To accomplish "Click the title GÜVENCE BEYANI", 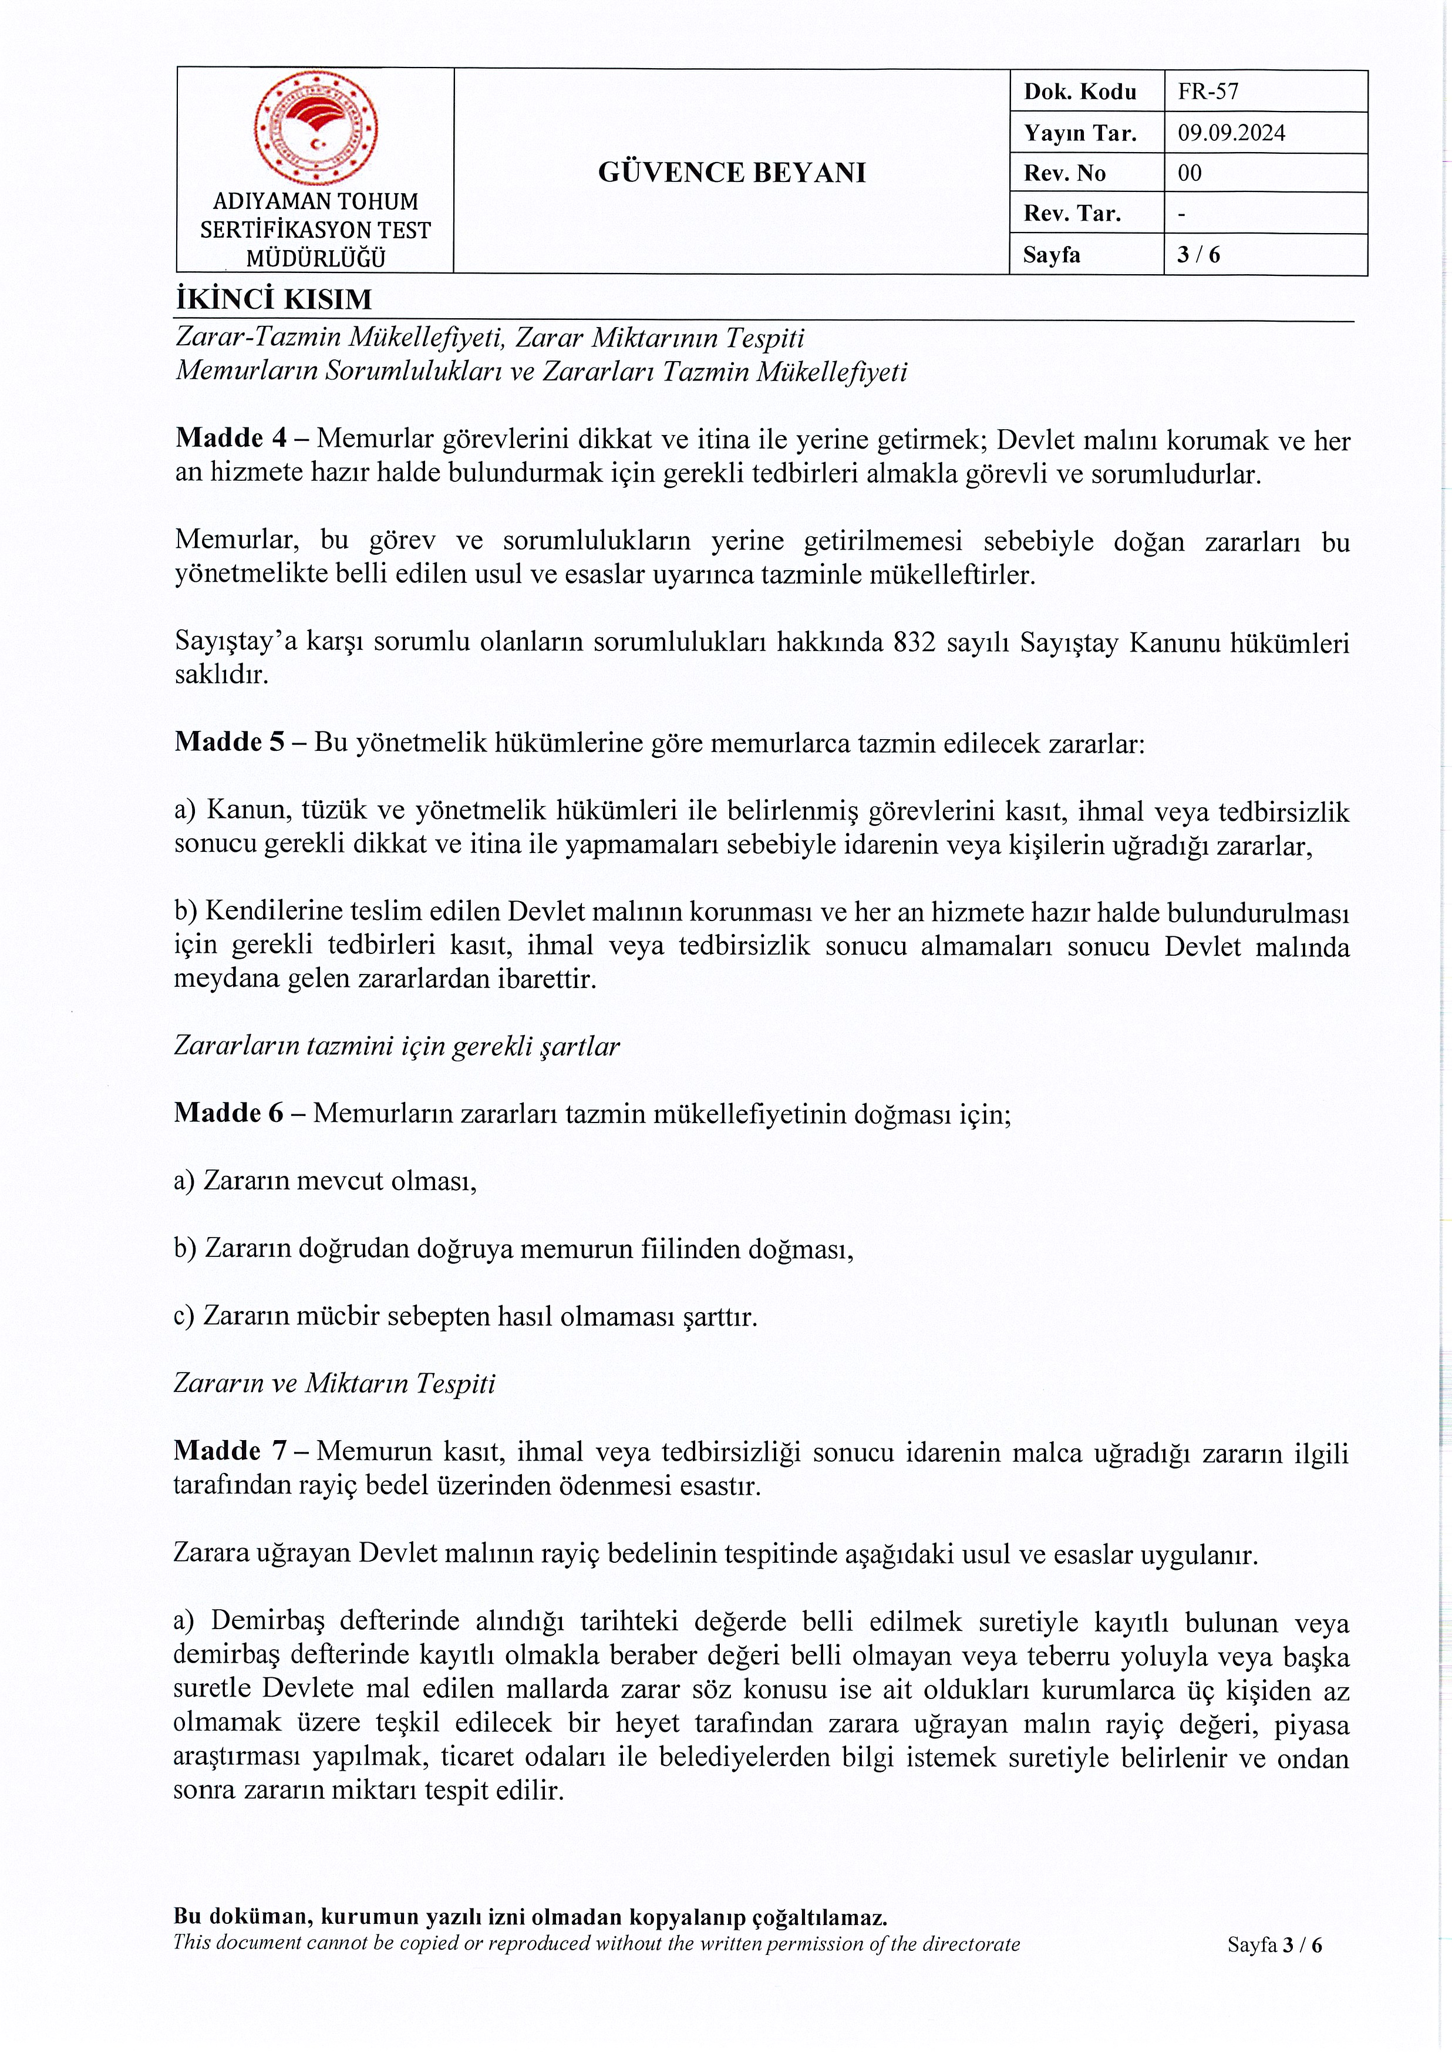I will [732, 173].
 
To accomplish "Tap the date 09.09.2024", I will [1231, 133].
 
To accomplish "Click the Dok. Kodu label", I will [1080, 91].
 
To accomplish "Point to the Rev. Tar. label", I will [1072, 214].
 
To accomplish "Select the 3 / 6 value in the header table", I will [1198, 255].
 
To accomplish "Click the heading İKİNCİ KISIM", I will [274, 299].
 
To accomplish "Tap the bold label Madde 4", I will [231, 438].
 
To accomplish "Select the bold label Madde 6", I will [229, 1113].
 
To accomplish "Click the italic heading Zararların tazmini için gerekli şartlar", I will [396, 1046].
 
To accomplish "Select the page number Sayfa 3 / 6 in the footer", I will [1274, 1945].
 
